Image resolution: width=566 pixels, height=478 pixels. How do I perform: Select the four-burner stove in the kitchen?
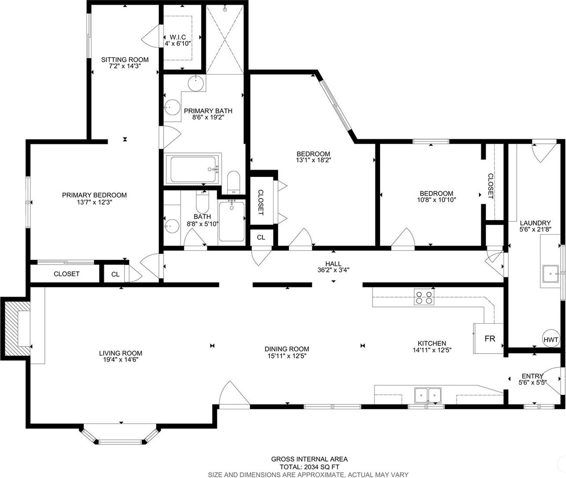(x=424, y=297)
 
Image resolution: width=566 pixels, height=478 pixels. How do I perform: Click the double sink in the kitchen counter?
(x=428, y=396)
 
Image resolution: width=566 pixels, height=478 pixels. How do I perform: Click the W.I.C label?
(x=177, y=37)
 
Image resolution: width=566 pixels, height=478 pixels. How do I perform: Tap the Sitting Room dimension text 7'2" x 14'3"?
(x=125, y=66)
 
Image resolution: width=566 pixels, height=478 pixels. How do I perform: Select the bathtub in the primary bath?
(x=194, y=169)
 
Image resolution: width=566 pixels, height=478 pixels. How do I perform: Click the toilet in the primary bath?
(x=233, y=182)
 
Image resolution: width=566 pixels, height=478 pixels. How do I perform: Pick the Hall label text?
(x=334, y=264)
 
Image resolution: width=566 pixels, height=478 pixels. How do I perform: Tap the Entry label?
(x=532, y=376)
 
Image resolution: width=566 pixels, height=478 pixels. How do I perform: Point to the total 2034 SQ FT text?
(x=309, y=467)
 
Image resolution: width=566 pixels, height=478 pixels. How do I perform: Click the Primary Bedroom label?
(x=94, y=195)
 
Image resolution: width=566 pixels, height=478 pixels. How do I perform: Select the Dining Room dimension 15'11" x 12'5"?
(x=287, y=356)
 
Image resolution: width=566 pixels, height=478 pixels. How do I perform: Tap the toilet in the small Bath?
(x=202, y=202)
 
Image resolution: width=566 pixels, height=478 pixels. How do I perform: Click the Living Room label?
(x=120, y=353)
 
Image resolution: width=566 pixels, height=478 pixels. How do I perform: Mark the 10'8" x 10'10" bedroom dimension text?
(x=436, y=200)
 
